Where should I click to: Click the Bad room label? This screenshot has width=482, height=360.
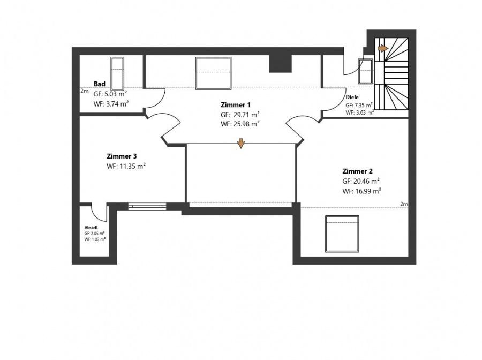[x=99, y=84]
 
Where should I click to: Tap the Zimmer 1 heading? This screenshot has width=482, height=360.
[x=236, y=105]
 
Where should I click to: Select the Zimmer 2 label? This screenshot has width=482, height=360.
[x=357, y=171]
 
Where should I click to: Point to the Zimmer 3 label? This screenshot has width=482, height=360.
[x=122, y=156]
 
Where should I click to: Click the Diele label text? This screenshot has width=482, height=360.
[x=352, y=97]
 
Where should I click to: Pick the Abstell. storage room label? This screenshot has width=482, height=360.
[x=91, y=228]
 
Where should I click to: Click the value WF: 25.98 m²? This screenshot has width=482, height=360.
[x=240, y=124]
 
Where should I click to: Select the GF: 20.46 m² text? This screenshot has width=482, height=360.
[x=361, y=181]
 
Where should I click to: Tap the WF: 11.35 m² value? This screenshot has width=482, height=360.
[x=126, y=166]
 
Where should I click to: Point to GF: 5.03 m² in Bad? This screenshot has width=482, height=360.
[x=110, y=94]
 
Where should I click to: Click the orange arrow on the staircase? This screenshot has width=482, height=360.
[x=383, y=48]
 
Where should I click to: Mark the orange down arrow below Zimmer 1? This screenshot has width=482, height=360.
[x=241, y=144]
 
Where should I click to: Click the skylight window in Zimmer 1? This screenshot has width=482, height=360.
[x=213, y=73]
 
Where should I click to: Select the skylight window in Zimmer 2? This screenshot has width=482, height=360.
[x=342, y=234]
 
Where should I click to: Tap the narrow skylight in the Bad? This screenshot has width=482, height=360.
[x=117, y=73]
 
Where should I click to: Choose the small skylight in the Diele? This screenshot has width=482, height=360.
[x=365, y=71]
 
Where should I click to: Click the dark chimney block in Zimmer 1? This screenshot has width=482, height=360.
[x=280, y=64]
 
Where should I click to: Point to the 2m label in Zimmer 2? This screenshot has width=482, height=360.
[x=404, y=204]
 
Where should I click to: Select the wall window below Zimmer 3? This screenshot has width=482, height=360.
[x=147, y=206]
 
